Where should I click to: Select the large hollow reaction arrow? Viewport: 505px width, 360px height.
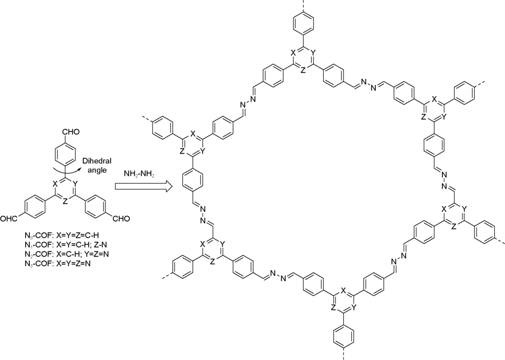143,187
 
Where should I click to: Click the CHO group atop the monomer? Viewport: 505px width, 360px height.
71,132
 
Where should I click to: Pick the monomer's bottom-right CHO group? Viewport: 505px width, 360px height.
121,219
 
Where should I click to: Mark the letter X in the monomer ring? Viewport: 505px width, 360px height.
55,184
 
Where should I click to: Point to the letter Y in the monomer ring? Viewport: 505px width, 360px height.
75,184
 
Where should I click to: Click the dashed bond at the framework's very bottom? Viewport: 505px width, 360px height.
344,354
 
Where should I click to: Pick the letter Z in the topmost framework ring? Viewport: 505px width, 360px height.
302,70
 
